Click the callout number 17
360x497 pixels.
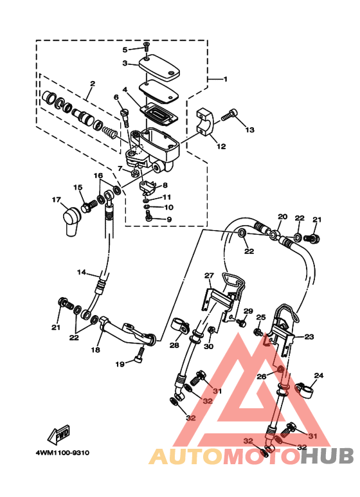56,200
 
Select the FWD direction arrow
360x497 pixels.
59,435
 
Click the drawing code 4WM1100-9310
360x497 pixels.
62,453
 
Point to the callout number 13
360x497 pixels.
249,130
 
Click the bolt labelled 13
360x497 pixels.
230,114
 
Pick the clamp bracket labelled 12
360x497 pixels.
205,122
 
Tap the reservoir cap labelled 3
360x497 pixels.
159,66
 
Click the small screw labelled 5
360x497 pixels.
146,46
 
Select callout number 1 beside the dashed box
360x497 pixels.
225,79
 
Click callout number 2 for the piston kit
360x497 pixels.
93,84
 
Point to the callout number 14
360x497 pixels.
82,272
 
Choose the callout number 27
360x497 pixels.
209,276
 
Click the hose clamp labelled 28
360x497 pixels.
180,327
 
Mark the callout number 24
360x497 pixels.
319,375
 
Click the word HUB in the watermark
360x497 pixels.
327,456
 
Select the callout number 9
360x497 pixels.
169,220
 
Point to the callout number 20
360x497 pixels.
283,217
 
